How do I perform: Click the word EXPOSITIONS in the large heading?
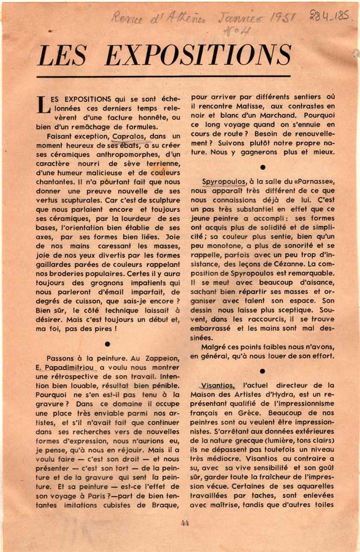tap(198, 55)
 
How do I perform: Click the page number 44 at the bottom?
tap(185, 522)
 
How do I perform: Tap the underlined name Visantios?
tap(218, 385)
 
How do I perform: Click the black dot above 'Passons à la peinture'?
tap(108, 344)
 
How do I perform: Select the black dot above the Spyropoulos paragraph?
tap(262, 168)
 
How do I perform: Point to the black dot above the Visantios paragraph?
tap(262, 371)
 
